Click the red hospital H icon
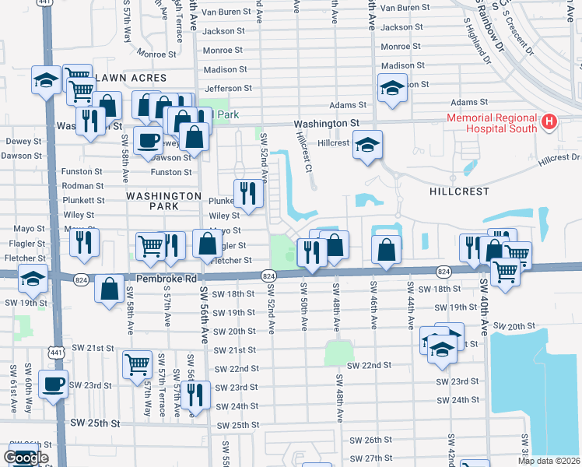(550, 122)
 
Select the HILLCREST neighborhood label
(460, 191)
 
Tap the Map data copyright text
(549, 461)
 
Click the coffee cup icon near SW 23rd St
(53, 384)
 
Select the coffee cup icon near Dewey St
(147, 141)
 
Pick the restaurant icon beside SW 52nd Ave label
(247, 191)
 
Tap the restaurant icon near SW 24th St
(195, 395)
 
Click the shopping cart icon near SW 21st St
(137, 363)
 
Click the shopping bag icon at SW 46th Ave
(386, 250)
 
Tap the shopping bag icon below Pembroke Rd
(109, 287)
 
